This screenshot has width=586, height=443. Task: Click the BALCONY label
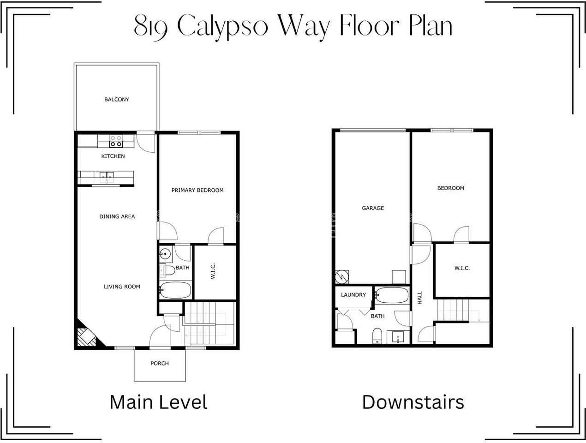(116, 99)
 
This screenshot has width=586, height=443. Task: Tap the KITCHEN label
(113, 156)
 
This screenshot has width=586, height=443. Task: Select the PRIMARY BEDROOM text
(197, 190)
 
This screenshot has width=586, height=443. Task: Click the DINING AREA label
(117, 216)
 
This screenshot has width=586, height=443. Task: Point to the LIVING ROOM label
(122, 287)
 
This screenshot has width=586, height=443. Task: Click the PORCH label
(160, 363)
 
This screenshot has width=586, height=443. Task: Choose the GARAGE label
(373, 208)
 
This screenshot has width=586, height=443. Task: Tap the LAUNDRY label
(353, 295)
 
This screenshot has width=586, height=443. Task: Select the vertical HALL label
(420, 297)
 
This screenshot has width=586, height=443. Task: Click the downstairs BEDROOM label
(451, 188)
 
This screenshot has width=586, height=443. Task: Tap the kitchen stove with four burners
(115, 140)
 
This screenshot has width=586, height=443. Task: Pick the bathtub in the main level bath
(175, 290)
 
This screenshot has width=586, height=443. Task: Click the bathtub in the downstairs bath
(392, 294)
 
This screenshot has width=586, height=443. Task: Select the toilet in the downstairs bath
(377, 335)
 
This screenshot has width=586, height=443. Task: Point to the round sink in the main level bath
(166, 253)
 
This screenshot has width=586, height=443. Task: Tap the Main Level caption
(158, 402)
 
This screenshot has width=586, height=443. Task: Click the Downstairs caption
(413, 402)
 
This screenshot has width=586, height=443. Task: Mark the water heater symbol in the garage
(342, 277)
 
